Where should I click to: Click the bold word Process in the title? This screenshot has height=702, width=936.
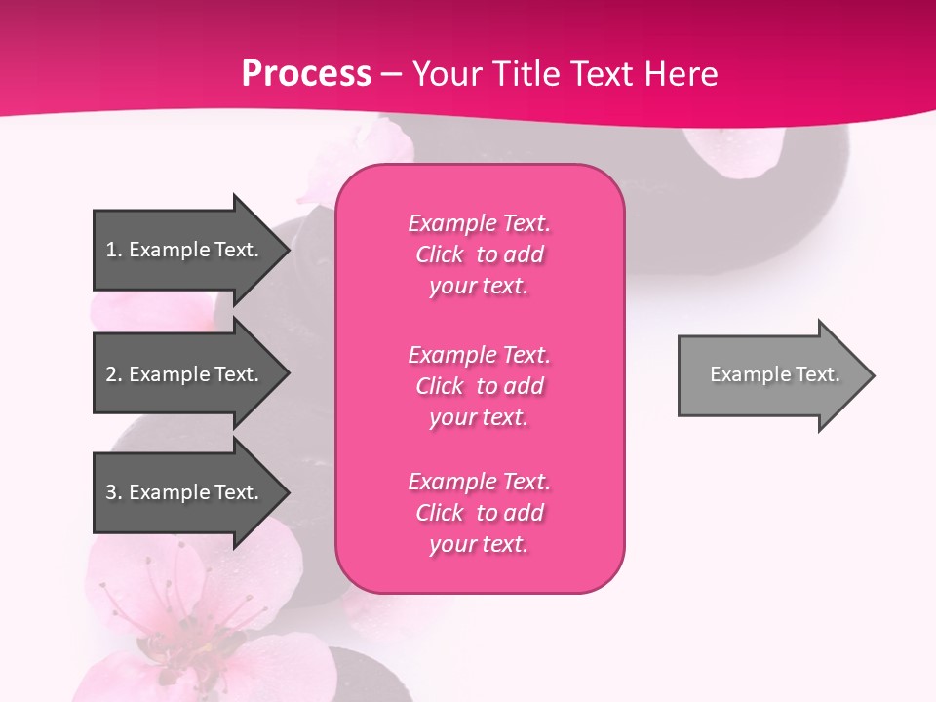pyautogui.click(x=306, y=74)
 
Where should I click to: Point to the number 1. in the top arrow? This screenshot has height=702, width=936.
pyautogui.click(x=114, y=250)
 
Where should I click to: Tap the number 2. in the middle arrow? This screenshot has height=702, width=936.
pyautogui.click(x=114, y=374)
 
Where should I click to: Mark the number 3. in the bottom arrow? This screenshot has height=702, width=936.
pyautogui.click(x=114, y=492)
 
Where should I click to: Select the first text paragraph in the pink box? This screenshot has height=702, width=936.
pyautogui.click(x=479, y=254)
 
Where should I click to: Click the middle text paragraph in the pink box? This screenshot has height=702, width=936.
pyautogui.click(x=479, y=386)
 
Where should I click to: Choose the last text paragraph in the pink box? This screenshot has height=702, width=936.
pyautogui.click(x=479, y=513)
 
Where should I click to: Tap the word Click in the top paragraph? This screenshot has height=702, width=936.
pyautogui.click(x=440, y=254)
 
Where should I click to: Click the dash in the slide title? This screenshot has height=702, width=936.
pyautogui.click(x=391, y=74)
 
